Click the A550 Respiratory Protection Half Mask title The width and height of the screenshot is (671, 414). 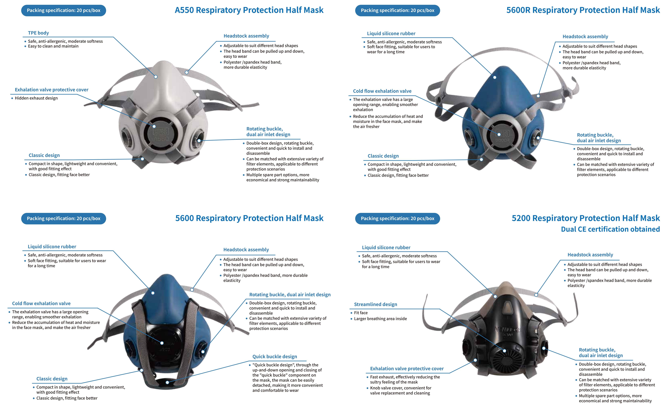point(249,10)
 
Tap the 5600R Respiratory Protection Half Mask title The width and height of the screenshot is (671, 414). point(583,10)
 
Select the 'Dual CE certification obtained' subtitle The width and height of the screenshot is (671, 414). point(611,229)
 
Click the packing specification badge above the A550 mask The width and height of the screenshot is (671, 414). point(64,10)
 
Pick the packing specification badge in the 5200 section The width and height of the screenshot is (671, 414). point(398,219)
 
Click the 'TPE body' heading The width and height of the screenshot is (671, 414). point(38,33)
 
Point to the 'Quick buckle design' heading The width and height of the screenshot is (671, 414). point(275,357)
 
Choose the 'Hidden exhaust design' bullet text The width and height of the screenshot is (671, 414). point(36,98)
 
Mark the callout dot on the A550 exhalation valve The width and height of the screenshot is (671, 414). point(154,127)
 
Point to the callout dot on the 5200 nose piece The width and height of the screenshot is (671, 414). point(495,296)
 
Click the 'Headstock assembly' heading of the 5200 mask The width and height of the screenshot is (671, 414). point(590,255)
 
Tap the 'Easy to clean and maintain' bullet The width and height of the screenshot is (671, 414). point(53,46)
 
